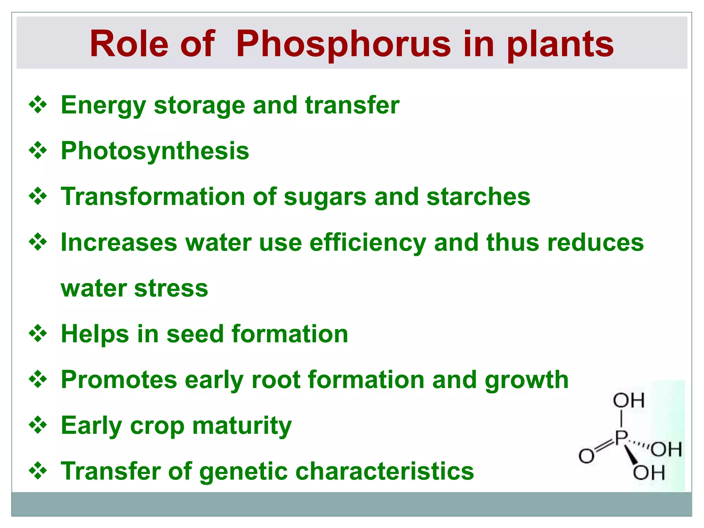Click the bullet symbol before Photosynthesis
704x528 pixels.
click(x=38, y=151)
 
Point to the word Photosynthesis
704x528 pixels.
click(x=155, y=151)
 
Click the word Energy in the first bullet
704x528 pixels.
click(x=103, y=106)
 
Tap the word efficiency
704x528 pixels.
click(x=367, y=243)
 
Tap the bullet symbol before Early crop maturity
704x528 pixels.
click(x=38, y=425)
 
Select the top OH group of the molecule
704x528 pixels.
click(x=629, y=400)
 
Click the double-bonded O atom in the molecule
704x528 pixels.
click(x=586, y=456)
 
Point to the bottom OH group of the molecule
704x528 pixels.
click(x=649, y=473)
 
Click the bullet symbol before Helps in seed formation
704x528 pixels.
click(x=38, y=333)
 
